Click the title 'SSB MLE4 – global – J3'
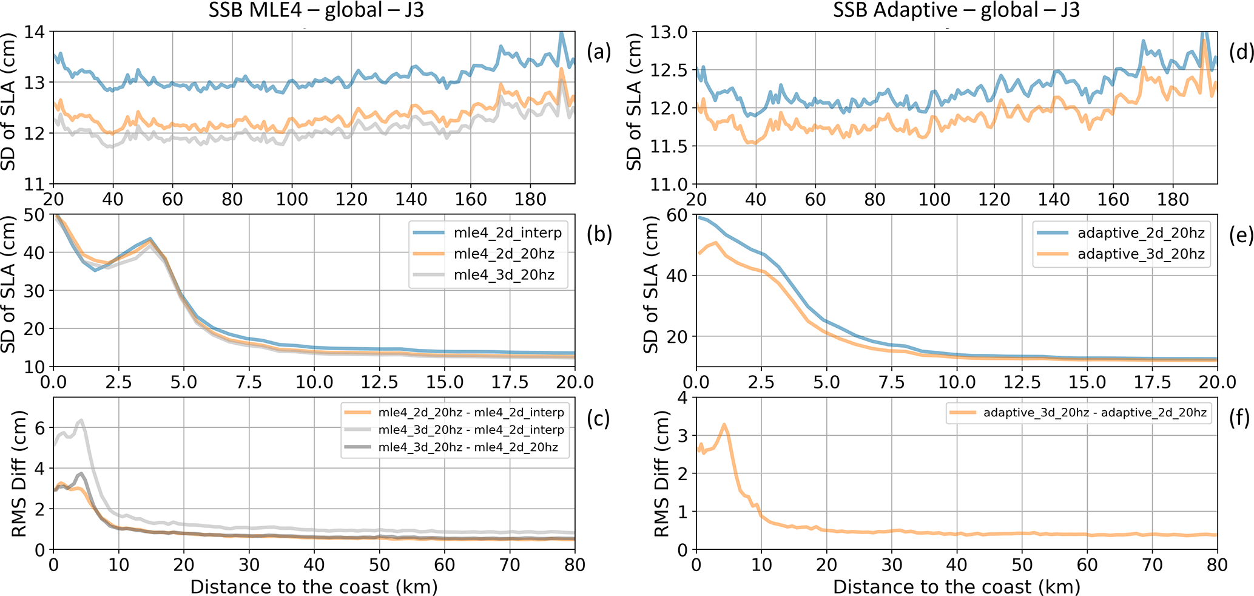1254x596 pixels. click(315, 10)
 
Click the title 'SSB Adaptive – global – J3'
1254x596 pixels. click(957, 10)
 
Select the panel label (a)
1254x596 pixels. click(599, 52)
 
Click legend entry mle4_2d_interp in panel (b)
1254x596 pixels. click(508, 233)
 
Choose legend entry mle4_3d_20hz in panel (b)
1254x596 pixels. click(504, 274)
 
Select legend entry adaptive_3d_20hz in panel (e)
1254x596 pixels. click(1141, 254)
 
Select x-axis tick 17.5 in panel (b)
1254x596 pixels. click(510, 382)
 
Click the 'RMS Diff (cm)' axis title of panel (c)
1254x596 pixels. click(19, 473)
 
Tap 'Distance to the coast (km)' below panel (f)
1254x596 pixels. click(956, 587)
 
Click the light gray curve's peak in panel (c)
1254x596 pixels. click(81, 420)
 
